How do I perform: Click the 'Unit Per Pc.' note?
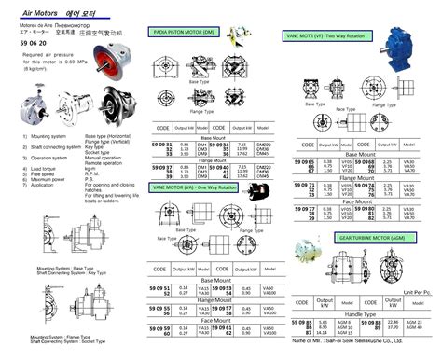[415, 289]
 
